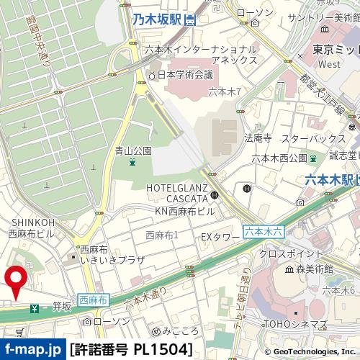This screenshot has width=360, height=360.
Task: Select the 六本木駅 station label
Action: pyautogui.click(x=330, y=179)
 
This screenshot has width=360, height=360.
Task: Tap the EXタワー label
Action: pyautogui.click(x=220, y=236)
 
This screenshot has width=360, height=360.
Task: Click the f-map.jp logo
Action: pyautogui.click(x=33, y=350)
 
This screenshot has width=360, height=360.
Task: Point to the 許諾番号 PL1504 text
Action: pyautogui.click(x=132, y=350)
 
